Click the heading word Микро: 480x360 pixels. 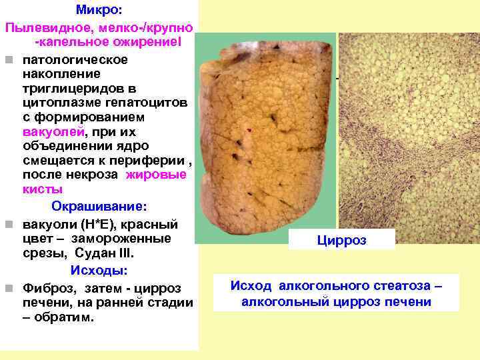[99, 11]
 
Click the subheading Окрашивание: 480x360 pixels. [100, 204]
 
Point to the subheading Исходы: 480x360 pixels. [100, 271]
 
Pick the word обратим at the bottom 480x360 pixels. [70, 317]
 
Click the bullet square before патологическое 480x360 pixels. [8, 60]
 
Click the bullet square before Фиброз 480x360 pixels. [8, 289]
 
